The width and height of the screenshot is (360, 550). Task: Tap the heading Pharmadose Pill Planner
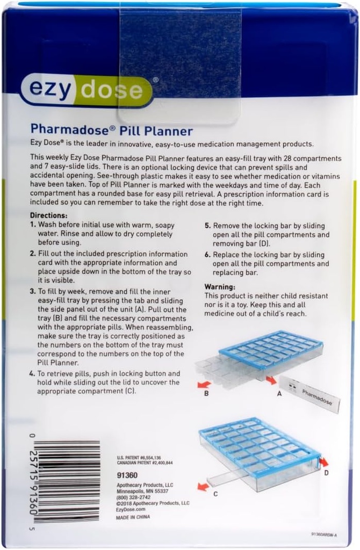(111, 131)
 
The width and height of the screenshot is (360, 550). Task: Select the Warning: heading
(220, 287)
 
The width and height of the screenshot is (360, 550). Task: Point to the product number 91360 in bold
(127, 475)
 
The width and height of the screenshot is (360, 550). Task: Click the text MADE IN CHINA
(133, 517)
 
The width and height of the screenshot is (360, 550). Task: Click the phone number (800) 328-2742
(134, 497)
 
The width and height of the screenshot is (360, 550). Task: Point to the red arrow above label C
(203, 487)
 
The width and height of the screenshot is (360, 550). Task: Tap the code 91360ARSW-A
(324, 534)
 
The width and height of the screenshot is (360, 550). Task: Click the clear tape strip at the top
(179, 64)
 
